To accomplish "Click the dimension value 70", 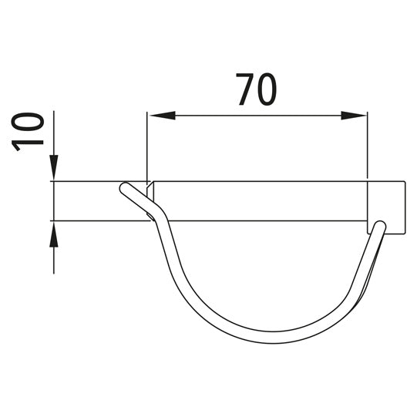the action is click(x=257, y=89).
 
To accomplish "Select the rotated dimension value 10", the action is click(x=28, y=131).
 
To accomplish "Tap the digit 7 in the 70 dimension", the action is click(x=245, y=89).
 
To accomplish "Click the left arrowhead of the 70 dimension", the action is click(x=162, y=116).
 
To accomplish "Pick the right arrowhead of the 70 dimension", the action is click(x=354, y=116).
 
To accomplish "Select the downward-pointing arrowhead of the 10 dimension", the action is click(x=54, y=167).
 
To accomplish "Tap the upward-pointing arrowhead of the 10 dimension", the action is click(x=54, y=234).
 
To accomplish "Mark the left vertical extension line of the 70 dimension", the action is click(x=147, y=146).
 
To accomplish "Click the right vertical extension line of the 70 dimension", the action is click(x=367, y=145).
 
